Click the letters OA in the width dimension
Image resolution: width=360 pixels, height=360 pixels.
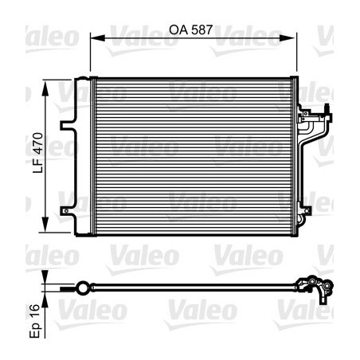coord(177,28)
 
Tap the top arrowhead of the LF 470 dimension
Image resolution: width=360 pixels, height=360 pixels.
coord(53,84)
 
